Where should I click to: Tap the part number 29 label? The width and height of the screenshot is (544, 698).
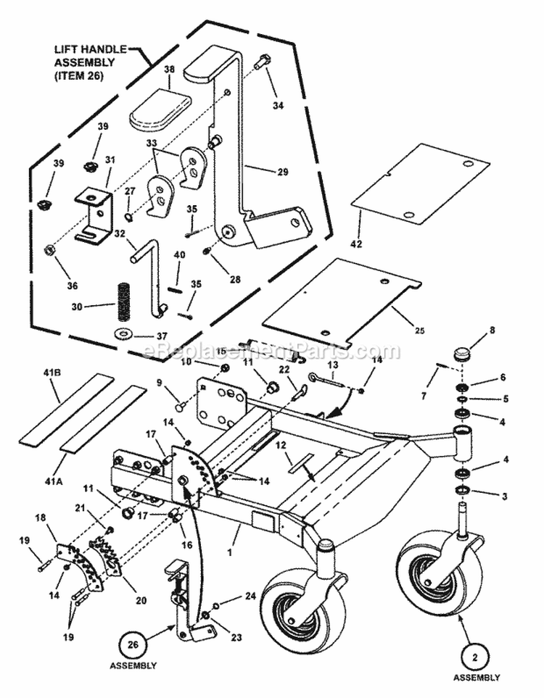click(x=282, y=172)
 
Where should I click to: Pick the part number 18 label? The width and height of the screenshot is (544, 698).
click(x=41, y=518)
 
